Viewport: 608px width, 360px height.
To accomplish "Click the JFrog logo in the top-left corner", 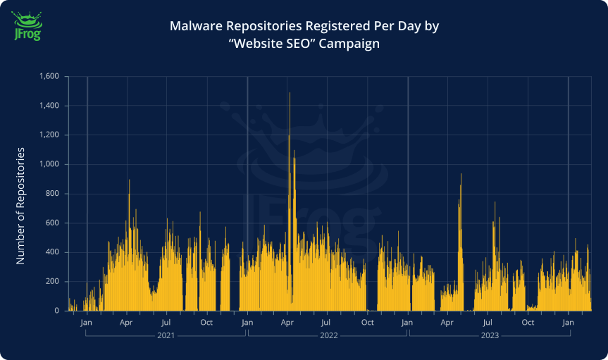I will coord(27,25).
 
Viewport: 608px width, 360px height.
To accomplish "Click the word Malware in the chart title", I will coord(194,27).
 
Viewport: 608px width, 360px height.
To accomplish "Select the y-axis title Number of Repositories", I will coord(20,206).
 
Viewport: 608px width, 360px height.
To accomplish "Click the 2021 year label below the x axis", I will coord(166,336).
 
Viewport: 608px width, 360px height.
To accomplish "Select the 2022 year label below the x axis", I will coord(328,336).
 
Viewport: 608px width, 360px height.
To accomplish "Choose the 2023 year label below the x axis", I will coord(490,336).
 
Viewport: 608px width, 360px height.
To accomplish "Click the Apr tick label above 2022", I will coord(287,323).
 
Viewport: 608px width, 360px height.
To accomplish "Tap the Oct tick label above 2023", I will coord(528,323).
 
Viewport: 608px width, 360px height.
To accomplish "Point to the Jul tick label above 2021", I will coord(166,323).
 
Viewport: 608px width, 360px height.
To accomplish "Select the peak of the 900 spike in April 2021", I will coord(129,180).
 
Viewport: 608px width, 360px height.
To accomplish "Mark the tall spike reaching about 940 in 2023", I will coord(461,174).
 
